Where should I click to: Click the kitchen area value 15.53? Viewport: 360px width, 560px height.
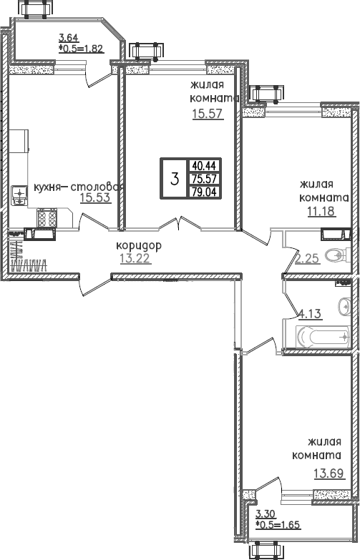[94, 198]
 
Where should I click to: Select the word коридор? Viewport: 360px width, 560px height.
[140, 245]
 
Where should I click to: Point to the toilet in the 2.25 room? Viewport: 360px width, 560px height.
[336, 255]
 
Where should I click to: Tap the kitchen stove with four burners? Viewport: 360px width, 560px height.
[47, 216]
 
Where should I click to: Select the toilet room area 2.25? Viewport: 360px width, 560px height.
[307, 258]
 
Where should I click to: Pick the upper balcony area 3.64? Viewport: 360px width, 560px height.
[69, 39]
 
